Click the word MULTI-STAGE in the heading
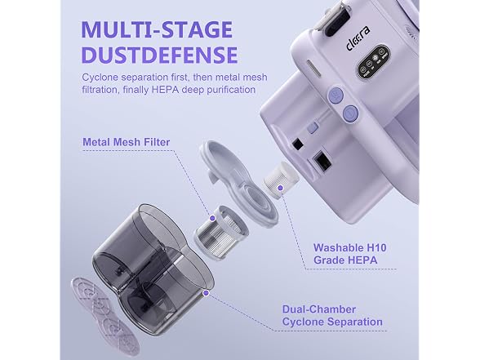coord(157,29)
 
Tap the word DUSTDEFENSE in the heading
coord(159,55)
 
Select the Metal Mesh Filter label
coord(126,142)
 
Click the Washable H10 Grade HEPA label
coord(350,254)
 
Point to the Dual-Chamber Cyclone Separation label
coord(332,316)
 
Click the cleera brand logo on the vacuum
coord(358,38)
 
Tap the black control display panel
coord(372,61)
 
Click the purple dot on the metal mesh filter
coord(212,218)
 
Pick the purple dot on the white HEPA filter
coord(280,188)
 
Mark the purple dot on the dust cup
coord(206,293)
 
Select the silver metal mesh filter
coord(220,233)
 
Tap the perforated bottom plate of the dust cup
coord(104,315)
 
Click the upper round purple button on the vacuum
coord(336,95)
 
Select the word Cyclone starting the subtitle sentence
coord(100,77)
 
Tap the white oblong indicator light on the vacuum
coord(313,68)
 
